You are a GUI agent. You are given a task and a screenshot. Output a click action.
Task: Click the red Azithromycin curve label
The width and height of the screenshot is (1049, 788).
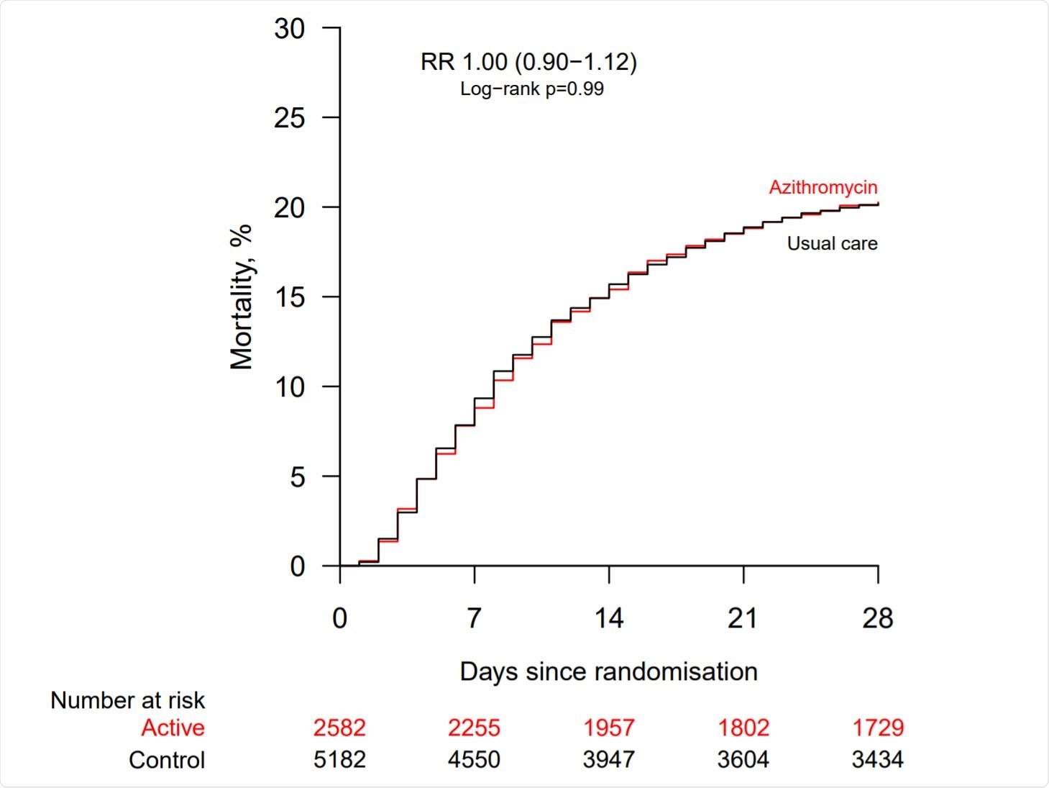823,187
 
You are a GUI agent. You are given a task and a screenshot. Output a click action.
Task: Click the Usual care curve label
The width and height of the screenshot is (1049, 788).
832,243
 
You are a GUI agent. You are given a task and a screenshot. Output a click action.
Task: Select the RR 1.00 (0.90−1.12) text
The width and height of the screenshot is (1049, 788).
528,62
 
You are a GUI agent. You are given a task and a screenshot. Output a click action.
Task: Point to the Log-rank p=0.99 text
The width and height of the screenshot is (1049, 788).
531,89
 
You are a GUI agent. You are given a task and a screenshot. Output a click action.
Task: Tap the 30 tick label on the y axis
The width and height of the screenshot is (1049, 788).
289,29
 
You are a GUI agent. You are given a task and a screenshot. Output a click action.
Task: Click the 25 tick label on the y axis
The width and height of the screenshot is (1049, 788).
289,118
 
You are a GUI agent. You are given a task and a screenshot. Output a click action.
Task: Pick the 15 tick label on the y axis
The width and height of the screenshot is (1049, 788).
289,297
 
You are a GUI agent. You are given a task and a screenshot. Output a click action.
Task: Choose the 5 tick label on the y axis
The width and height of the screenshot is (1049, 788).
297,476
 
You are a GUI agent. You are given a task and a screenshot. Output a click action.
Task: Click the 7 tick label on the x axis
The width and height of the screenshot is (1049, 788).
474,618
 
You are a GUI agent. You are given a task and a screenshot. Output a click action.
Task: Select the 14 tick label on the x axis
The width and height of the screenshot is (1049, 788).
608,618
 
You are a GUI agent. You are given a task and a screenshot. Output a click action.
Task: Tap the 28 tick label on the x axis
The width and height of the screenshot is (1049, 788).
877,618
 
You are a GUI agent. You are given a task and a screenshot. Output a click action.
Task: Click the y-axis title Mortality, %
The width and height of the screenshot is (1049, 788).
242,296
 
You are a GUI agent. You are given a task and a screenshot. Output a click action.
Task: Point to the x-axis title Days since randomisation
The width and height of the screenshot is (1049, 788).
608,671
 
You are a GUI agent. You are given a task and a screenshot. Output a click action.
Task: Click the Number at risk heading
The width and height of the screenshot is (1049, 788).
127,700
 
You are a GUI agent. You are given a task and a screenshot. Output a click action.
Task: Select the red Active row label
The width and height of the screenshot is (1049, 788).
173,728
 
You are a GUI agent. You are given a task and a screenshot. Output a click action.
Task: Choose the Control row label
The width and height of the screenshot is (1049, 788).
167,760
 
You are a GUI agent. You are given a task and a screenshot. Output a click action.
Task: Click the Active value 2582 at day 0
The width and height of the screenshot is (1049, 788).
339,728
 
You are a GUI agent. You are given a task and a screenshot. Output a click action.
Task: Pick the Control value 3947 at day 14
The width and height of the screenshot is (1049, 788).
608,759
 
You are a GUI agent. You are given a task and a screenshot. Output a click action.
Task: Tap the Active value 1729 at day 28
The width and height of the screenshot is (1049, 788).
877,728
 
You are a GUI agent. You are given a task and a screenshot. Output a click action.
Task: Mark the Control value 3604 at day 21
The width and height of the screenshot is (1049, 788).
743,759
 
